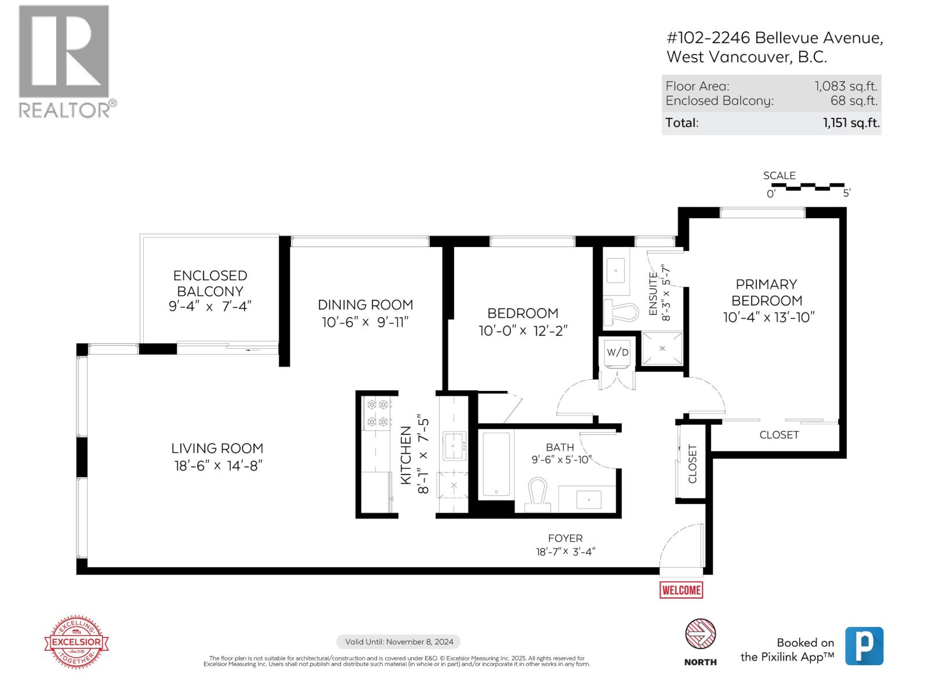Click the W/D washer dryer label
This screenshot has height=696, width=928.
[x=617, y=352]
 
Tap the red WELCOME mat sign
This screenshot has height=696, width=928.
[x=681, y=590]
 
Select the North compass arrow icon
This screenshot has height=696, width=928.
[x=700, y=634]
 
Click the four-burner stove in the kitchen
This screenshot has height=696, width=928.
[x=377, y=413]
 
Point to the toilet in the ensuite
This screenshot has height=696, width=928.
[x=621, y=312]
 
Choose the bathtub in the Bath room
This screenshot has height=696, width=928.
[x=496, y=464]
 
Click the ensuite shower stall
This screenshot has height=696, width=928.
[x=662, y=348]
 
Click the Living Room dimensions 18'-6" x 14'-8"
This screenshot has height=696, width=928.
[x=218, y=466]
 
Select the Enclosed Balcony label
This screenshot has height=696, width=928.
[x=210, y=283]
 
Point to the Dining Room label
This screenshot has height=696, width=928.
[x=365, y=304]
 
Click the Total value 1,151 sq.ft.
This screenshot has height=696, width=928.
[x=851, y=123]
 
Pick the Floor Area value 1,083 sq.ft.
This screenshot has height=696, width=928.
[x=846, y=86]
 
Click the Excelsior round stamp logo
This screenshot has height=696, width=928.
[x=77, y=642]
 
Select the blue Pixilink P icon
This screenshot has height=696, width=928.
[x=864, y=646]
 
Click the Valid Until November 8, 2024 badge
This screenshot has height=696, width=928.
[x=398, y=641]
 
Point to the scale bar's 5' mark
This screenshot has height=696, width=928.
[x=846, y=193]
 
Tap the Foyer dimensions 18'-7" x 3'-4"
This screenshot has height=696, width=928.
[x=565, y=552]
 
